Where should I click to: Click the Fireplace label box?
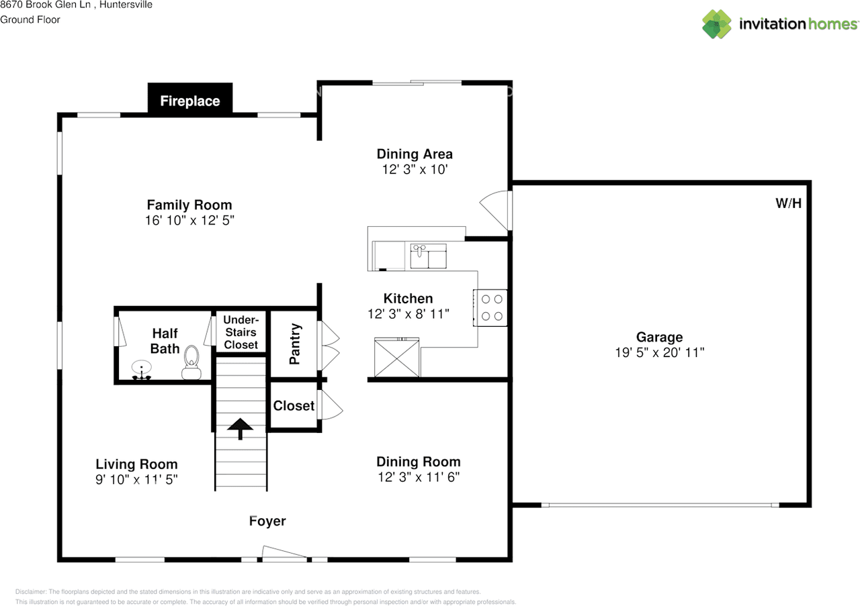pos(190,101)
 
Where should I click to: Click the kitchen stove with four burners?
pos(490,307)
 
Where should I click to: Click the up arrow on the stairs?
pos(240,427)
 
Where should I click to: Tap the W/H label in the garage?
pos(788,203)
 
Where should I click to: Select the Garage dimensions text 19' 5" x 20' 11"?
pos(659,352)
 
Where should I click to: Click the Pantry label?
pos(294,344)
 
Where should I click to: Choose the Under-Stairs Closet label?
pos(241,332)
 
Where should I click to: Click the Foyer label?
pos(267,521)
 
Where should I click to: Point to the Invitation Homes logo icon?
pos(717,24)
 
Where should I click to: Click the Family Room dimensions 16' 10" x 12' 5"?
pos(189,220)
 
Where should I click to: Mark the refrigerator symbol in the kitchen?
pos(397,358)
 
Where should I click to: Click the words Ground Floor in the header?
pos(30,19)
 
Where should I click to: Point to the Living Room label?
pos(136,464)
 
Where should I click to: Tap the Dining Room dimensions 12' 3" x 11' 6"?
pos(418,476)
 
